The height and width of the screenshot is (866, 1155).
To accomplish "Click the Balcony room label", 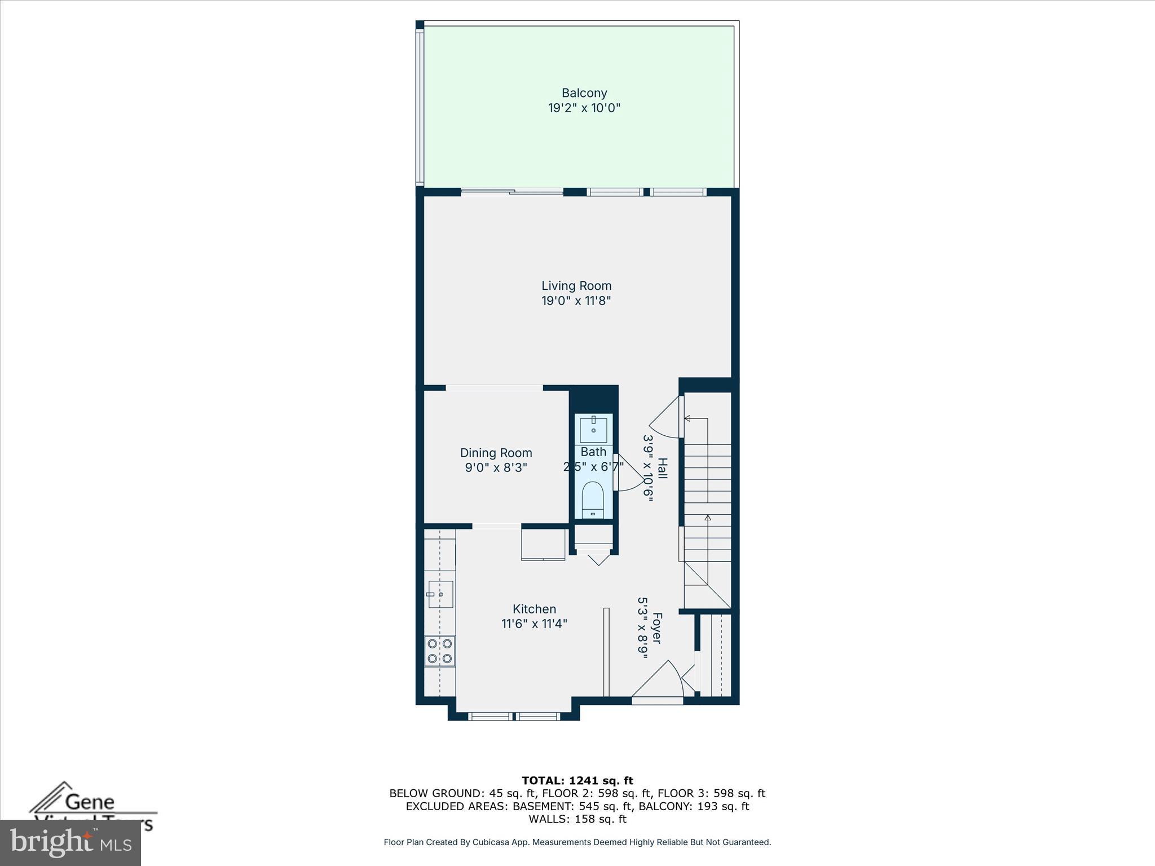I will tap(584, 93).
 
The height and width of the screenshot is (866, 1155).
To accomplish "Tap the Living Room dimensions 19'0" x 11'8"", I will tap(576, 301).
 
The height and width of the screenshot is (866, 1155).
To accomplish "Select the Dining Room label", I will tap(496, 453).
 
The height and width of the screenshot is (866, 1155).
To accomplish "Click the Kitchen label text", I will tap(534, 609).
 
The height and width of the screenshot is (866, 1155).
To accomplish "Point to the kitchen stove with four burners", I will tap(440, 651).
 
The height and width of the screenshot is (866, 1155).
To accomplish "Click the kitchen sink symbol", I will tap(440, 594).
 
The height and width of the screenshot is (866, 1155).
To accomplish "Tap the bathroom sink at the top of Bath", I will tap(593, 430).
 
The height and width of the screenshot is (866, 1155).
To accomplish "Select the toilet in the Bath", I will tap(593, 498).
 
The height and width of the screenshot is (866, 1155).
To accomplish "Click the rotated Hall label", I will tap(663, 469).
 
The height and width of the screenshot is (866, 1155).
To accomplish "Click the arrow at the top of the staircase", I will tap(688, 418).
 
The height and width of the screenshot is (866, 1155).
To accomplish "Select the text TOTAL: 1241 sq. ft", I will tap(577, 780).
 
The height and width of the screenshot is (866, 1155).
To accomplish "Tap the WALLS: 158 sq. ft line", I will tap(577, 819).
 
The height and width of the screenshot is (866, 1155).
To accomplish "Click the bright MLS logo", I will tap(70, 843).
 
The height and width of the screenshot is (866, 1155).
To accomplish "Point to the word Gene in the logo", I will tap(90, 801).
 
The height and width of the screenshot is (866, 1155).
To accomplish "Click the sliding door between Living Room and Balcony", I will tap(512, 192).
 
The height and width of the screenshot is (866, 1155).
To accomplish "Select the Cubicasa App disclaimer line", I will tap(577, 842).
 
